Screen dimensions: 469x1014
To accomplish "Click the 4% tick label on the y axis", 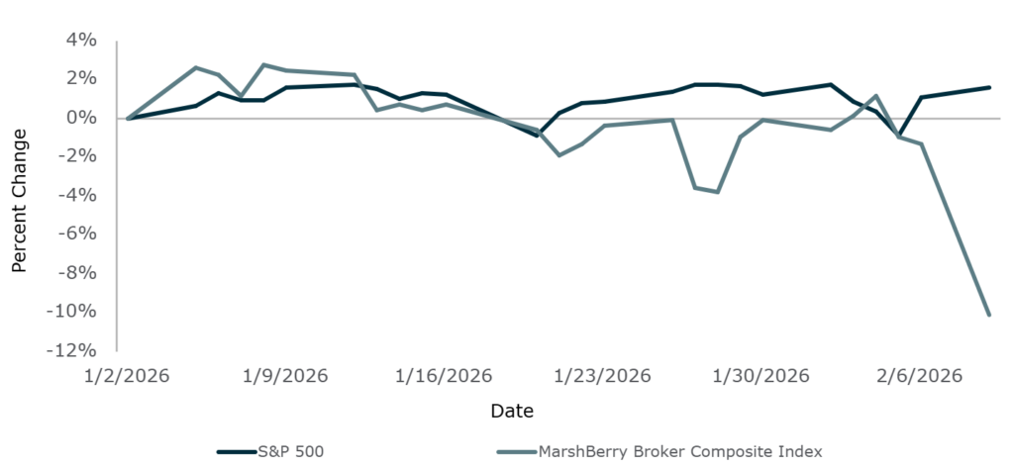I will pyautogui.click(x=81, y=41).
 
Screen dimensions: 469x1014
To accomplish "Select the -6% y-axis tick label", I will pyautogui.click(x=77, y=234).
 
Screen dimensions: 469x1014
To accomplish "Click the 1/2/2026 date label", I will pyautogui.click(x=129, y=377).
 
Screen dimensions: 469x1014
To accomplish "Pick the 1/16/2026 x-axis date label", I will pyautogui.click(x=445, y=377).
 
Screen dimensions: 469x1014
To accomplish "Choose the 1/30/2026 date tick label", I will pyautogui.click(x=761, y=377).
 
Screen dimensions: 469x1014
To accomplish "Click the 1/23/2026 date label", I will pyautogui.click(x=602, y=377).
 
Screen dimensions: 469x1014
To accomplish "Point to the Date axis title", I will pyautogui.click(x=511, y=410).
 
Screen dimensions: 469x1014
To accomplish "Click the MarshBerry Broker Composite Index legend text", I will pyautogui.click(x=680, y=452).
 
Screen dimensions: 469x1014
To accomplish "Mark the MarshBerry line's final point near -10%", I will pyautogui.click(x=989, y=315).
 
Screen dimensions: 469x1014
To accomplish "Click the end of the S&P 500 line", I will pyautogui.click(x=989, y=87).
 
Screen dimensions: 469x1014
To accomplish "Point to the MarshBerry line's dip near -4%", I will pyautogui.click(x=717, y=192).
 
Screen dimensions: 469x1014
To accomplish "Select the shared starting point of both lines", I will pyautogui.click(x=129, y=118).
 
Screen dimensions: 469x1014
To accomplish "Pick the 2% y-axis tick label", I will pyautogui.click(x=81, y=79).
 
